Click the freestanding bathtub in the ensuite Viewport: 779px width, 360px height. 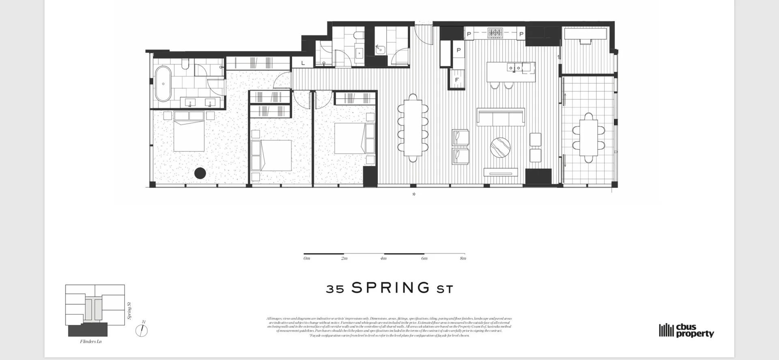tap(164, 84)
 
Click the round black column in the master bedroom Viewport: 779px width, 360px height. tap(200, 173)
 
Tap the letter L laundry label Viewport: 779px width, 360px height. tap(303, 63)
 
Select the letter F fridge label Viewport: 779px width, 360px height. tap(456, 80)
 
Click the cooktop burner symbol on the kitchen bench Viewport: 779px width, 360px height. tap(495, 32)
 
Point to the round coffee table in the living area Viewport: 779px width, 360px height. tap(500, 147)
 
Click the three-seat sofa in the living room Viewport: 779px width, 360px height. tap(501, 117)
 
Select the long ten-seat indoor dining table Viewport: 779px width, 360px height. tap(413, 128)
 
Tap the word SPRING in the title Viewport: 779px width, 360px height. tap(390, 288)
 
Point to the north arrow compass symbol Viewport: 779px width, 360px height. tap(142, 330)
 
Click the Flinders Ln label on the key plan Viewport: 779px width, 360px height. tap(91, 341)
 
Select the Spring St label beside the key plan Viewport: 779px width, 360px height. tap(129, 310)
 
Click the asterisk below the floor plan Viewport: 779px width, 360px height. tap(414, 194)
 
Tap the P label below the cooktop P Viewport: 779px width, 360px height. tap(458, 50)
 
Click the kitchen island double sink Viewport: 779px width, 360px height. tap(514, 68)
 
